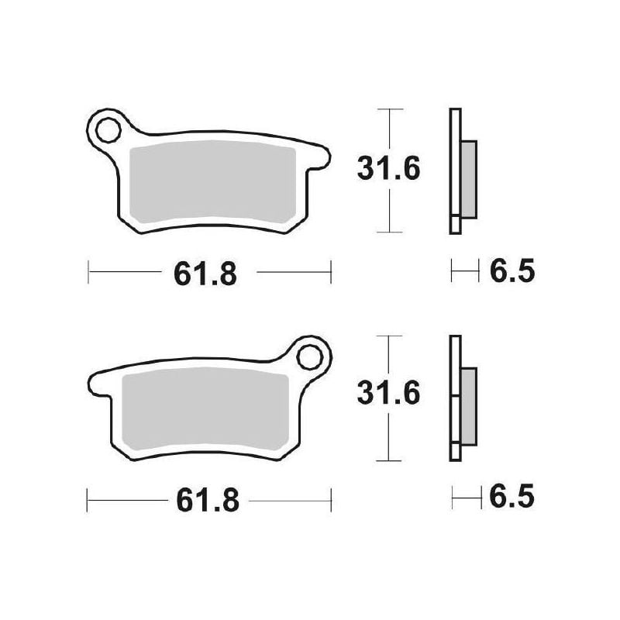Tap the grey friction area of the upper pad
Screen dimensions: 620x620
click(x=212, y=181)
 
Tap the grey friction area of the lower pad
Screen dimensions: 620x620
click(x=205, y=409)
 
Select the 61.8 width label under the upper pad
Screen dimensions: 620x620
click(x=205, y=274)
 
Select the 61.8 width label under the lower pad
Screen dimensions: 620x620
click(x=208, y=500)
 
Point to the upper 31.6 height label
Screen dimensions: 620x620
click(x=388, y=169)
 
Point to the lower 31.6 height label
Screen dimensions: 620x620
click(x=388, y=393)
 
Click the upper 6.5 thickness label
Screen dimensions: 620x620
click(x=512, y=270)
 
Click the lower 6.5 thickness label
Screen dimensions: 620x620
click(x=512, y=496)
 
